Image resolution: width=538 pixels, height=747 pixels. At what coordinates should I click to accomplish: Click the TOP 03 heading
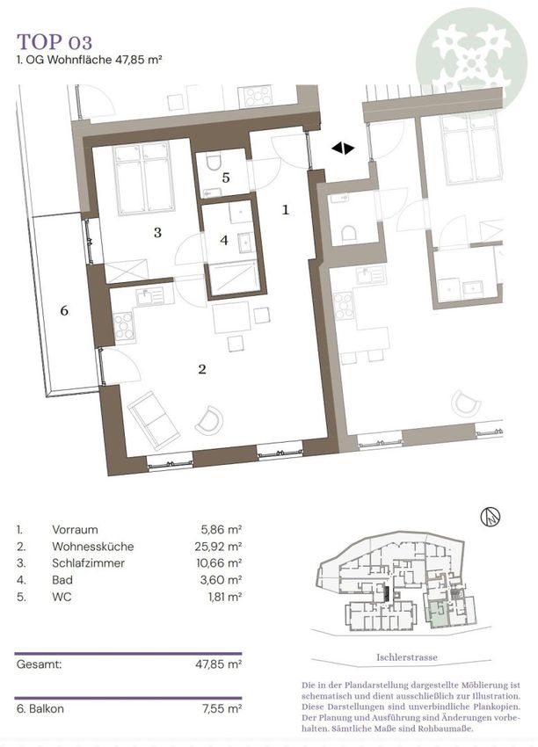coord(55,42)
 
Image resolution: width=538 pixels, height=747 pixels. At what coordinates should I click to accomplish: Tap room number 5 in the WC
coord(226,178)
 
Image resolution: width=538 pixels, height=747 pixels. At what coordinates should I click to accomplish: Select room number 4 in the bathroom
coord(224,240)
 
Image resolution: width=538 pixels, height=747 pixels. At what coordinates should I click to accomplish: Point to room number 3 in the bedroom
coord(157,233)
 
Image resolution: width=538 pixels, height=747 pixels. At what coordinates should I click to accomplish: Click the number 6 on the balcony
coord(64,310)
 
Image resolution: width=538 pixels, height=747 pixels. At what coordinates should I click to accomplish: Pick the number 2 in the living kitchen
coord(202,369)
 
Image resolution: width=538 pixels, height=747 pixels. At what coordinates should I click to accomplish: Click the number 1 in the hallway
coord(286,210)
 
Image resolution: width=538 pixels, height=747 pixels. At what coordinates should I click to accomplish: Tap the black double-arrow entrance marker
coord(343,149)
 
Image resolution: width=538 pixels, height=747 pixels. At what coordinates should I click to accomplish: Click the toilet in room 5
coord(214,162)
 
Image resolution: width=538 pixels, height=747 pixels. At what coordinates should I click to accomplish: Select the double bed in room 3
coord(143,178)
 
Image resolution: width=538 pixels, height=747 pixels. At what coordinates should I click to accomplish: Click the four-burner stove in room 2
coord(124,326)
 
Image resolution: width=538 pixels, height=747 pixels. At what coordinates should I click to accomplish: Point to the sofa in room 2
coord(154,421)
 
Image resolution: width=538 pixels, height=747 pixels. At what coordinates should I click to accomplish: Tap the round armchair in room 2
coord(209,420)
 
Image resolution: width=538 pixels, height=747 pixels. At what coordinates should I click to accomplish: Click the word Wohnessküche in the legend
coord(93,547)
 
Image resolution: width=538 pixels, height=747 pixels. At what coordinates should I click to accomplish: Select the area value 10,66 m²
coord(219,563)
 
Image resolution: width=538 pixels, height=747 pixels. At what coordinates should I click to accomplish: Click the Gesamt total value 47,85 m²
coord(218,664)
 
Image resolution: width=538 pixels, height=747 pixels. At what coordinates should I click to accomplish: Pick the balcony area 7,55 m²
coord(222,708)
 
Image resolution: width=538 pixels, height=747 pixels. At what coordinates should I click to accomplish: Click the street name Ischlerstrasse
coord(406,657)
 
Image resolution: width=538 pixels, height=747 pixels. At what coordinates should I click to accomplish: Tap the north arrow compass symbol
coord(490,517)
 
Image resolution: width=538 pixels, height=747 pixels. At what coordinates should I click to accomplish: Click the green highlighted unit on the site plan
coord(438,614)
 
